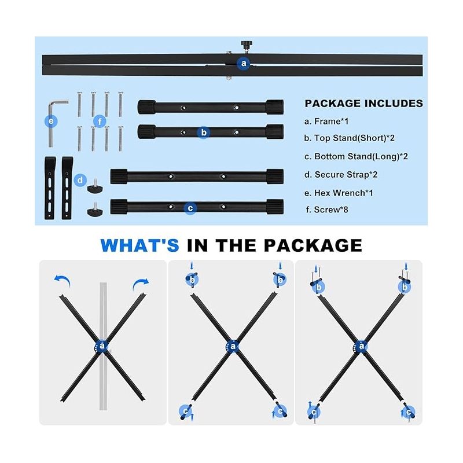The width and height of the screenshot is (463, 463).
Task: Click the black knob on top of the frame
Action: tap(245, 45)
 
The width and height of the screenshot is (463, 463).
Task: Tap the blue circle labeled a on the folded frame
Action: tap(244, 63)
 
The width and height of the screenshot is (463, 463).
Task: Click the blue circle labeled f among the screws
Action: tap(100, 122)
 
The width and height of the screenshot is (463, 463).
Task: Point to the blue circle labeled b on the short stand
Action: tap(204, 133)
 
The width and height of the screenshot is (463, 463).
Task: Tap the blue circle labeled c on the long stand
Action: tap(190, 208)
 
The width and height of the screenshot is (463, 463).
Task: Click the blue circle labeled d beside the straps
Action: tap(80, 180)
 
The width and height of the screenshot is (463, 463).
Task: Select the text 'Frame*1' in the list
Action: tap(331, 122)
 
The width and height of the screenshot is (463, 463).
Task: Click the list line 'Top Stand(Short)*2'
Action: tap(350, 138)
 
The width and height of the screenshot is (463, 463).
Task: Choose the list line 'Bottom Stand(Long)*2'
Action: tap(356, 156)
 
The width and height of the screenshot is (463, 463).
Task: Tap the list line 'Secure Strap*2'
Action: tap(341, 175)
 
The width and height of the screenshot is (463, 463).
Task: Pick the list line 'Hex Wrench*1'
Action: tap(339, 193)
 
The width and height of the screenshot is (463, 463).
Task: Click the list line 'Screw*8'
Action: tap(327, 210)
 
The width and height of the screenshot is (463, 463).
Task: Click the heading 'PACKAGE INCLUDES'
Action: tap(364, 104)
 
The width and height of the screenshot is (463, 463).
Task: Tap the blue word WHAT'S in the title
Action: tap(139, 245)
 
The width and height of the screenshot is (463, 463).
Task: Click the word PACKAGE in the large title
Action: tap(313, 245)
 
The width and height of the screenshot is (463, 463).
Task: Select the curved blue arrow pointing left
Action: tap(63, 280)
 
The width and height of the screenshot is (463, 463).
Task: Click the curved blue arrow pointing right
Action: tap(141, 284)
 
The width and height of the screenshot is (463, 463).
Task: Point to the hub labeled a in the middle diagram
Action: tap(233, 346)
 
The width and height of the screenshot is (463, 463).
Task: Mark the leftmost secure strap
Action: tap(50, 188)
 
